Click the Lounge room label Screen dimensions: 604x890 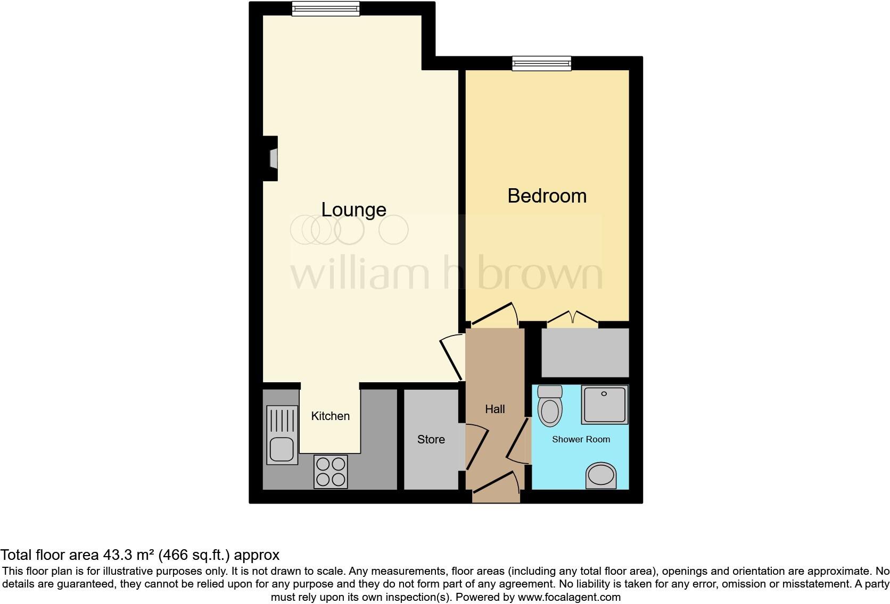pos(353,209)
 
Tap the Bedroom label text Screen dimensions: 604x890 pos(547,196)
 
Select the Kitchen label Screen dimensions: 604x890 pos(330,416)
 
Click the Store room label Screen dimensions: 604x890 pos(431,439)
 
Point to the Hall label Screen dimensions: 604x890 pos(495,409)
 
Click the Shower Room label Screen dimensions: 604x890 pos(581,439)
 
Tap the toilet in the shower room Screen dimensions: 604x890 pos(550,406)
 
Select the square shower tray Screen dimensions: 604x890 pos(604,405)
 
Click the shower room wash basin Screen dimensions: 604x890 pos(601,475)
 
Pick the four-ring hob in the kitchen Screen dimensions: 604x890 pos(331,472)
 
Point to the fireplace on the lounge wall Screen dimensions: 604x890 pos(272,158)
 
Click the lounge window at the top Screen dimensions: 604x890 pos(325,8)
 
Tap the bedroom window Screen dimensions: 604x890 pos(541,64)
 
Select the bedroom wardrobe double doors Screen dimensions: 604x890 pos(572,318)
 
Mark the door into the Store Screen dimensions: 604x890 pos(476,447)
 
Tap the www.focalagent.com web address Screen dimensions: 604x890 pos(569,597)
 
